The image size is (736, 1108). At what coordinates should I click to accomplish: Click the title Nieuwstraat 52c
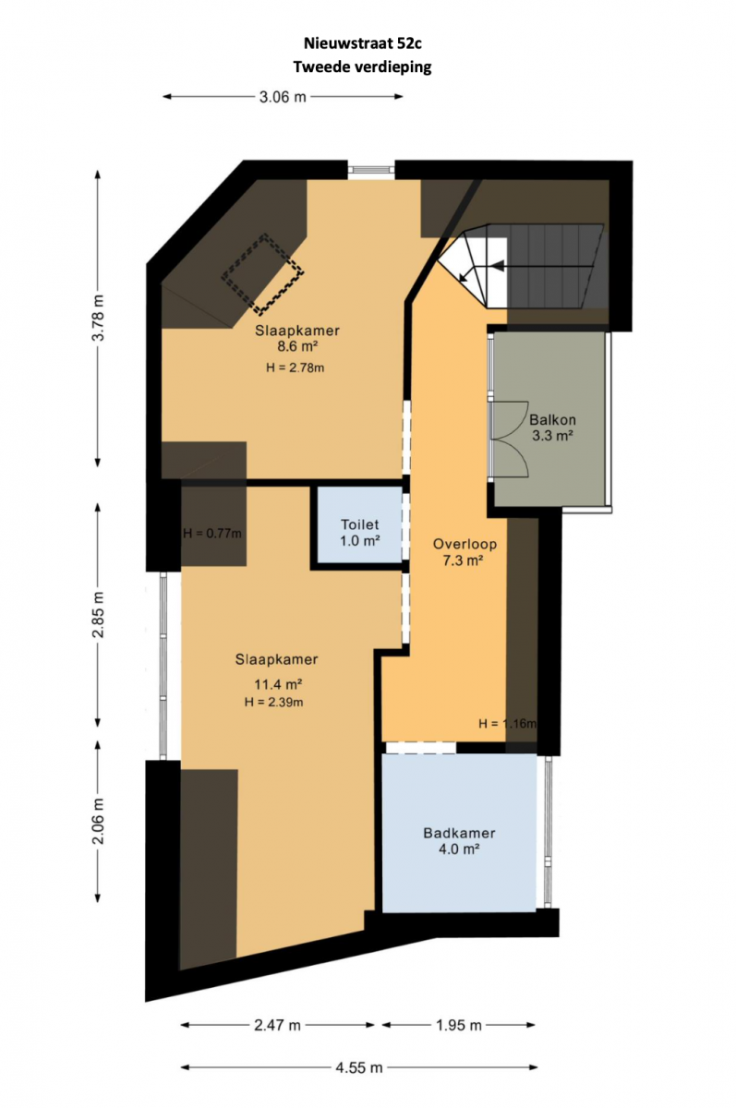tap(363, 43)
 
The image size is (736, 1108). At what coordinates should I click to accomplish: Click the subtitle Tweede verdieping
tap(363, 66)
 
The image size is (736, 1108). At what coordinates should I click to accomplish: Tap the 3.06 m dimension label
tap(283, 97)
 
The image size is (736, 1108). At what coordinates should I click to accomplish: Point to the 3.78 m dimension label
tap(99, 318)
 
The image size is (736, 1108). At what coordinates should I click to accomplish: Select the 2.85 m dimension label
tap(99, 614)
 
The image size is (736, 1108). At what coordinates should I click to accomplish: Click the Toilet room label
tap(359, 524)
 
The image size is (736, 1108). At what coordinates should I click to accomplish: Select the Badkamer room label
tap(459, 833)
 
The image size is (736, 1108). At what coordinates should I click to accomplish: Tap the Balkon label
tap(552, 420)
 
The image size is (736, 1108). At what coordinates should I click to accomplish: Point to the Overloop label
tap(465, 544)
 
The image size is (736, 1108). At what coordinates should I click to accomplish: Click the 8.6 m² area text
tap(296, 346)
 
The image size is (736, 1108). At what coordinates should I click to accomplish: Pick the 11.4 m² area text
tap(278, 684)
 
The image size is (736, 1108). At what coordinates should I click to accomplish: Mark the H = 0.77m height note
tap(212, 534)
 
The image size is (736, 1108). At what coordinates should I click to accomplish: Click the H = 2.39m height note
tap(273, 702)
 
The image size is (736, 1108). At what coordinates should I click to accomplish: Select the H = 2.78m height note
tap(295, 367)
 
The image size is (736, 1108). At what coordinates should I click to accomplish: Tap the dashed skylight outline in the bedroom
tap(262, 273)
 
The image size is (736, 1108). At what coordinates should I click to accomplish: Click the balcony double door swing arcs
tap(510, 439)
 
